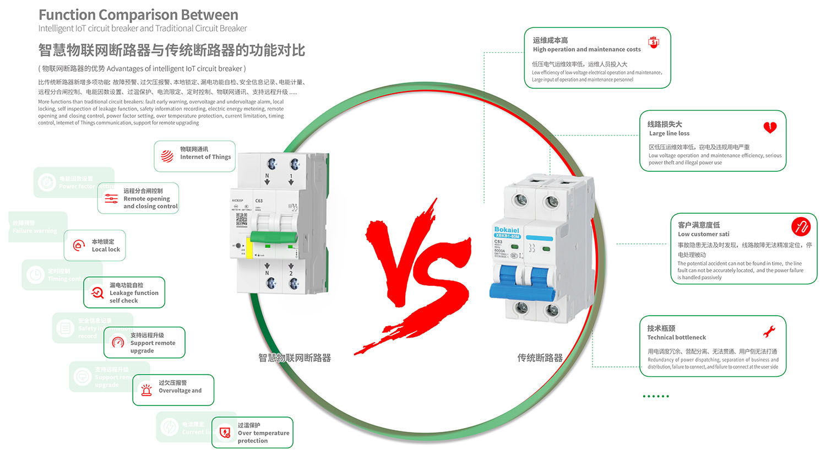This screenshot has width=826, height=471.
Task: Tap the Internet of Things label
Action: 205,157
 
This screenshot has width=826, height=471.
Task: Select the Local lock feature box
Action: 95,246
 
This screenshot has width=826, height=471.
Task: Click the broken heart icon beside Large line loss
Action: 770,128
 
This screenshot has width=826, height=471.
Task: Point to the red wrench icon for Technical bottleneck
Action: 769,331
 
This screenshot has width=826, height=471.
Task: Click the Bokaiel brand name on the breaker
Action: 506,230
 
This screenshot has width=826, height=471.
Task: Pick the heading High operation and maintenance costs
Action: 586,50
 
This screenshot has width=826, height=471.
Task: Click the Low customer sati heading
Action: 703,234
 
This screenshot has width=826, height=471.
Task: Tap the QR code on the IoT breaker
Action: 242,219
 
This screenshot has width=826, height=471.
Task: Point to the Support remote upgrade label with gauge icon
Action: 153,343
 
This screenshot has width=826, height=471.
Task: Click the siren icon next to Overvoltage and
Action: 146,390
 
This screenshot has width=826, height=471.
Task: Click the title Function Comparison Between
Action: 138,15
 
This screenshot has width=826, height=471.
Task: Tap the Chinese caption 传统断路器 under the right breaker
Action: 540,358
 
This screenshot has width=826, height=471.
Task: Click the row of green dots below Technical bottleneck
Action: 656,396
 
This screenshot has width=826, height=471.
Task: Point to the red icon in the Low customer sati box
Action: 801,226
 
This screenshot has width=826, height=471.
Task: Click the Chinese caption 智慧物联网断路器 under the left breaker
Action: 295,358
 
